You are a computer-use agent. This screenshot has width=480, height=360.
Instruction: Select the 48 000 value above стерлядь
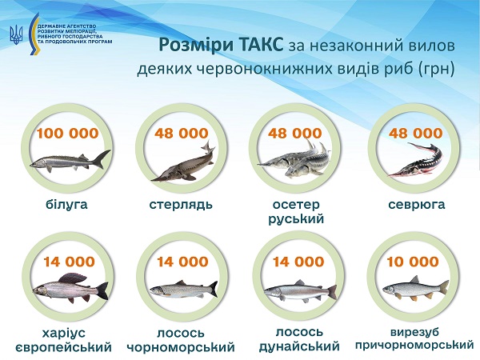pyautogui.click(x=181, y=133)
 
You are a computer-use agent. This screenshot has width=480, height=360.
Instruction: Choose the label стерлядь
pyautogui.click(x=181, y=205)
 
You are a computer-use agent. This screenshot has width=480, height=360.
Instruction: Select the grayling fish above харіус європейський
pyautogui.click(x=66, y=288)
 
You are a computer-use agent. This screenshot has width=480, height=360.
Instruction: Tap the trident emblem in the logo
pyautogui.click(x=15, y=33)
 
